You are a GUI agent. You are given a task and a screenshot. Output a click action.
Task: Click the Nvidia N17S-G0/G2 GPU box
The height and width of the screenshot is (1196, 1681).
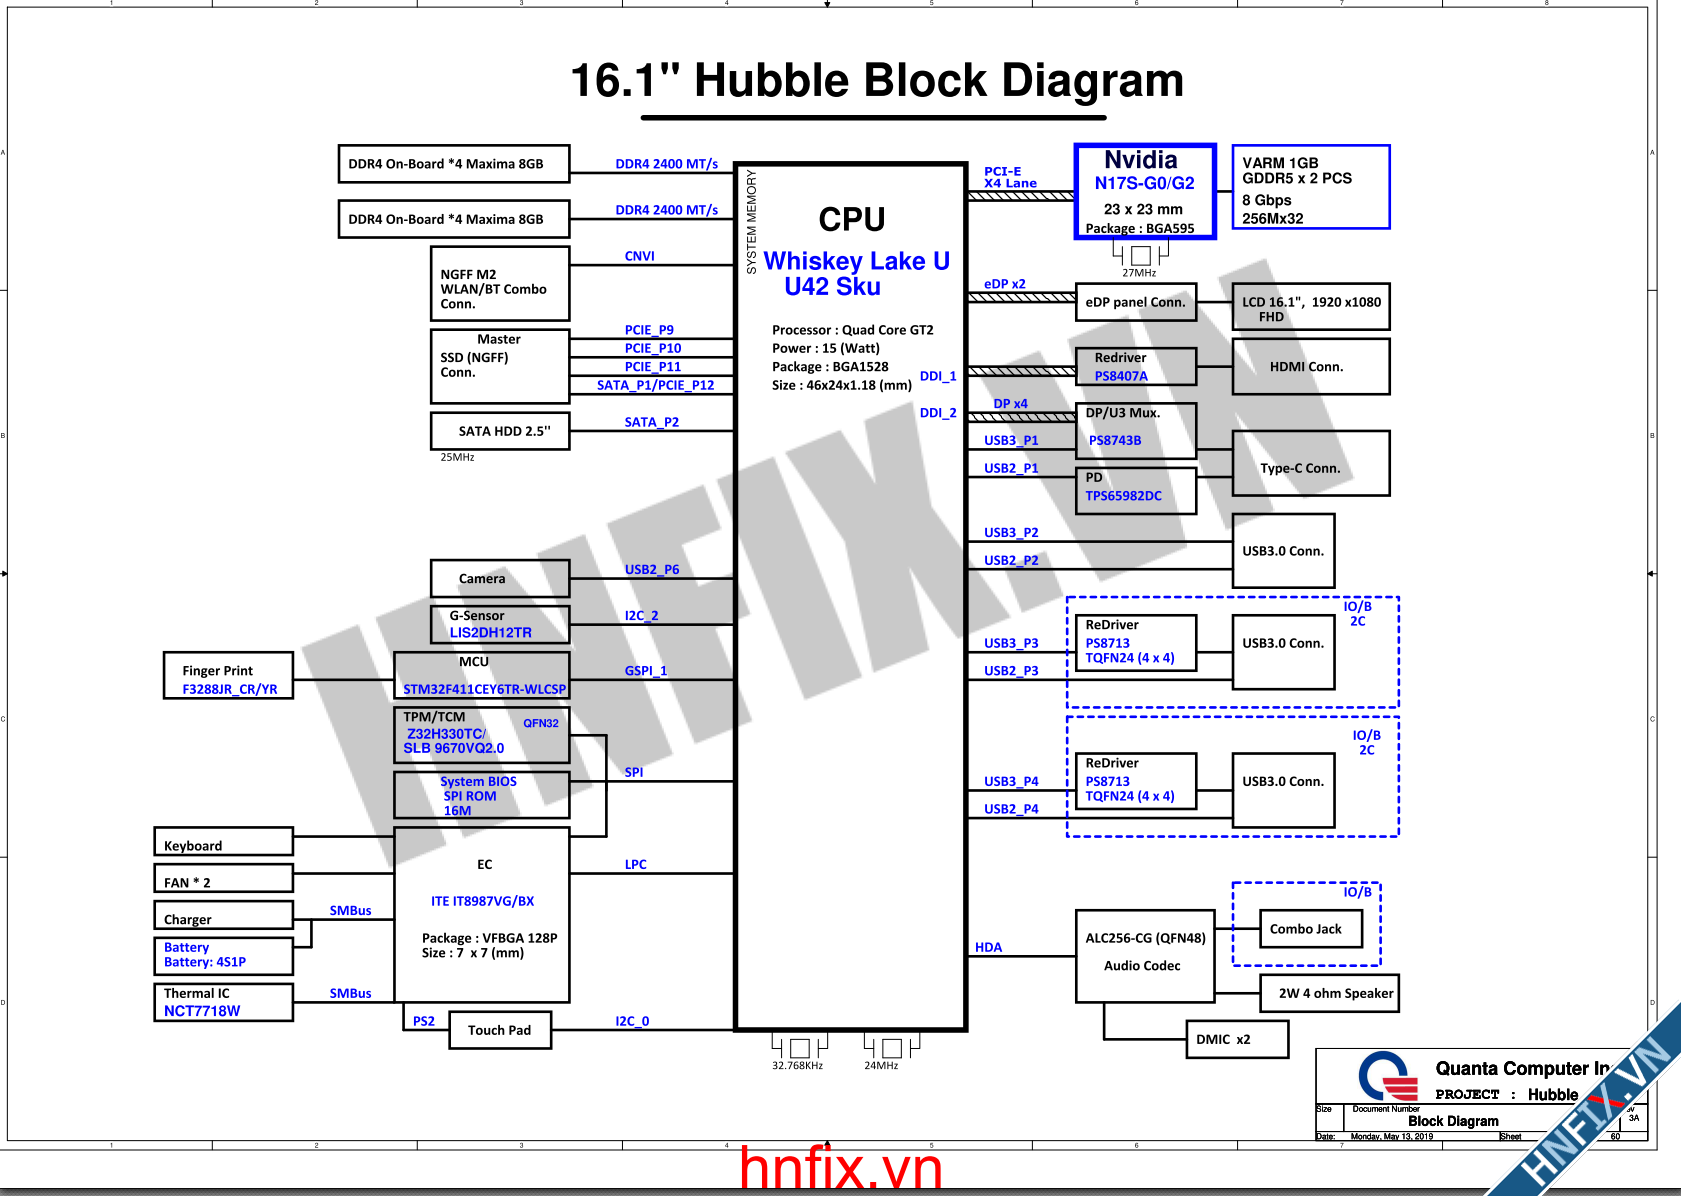point(1145,192)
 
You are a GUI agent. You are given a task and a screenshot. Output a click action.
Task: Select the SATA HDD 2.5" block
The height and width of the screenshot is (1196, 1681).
point(500,431)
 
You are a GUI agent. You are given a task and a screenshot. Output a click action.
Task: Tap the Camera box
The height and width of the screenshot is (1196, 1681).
point(500,578)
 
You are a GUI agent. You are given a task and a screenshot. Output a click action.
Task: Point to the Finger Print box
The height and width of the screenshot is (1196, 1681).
point(228,676)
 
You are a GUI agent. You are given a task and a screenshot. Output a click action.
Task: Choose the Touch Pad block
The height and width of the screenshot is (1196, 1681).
point(499,1030)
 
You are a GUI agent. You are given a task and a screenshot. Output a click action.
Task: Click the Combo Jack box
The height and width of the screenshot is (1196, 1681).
point(1310,929)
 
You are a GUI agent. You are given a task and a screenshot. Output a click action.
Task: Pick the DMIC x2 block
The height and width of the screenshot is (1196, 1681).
point(1236,1039)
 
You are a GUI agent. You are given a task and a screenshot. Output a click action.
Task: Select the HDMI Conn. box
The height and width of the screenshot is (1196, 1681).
point(1310,366)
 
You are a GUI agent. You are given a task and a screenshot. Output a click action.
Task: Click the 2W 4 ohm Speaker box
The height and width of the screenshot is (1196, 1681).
point(1329,993)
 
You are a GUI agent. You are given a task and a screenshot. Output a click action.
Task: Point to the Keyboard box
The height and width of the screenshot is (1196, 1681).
point(223,842)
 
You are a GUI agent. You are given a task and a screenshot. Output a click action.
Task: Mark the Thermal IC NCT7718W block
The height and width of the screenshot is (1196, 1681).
point(223,1002)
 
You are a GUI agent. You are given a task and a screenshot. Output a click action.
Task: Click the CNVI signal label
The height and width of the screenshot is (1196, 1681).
point(639,256)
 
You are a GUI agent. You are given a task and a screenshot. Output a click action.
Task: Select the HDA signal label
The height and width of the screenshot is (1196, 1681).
point(988,947)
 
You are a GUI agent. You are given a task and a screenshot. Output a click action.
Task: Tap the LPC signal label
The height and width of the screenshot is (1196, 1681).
point(635,864)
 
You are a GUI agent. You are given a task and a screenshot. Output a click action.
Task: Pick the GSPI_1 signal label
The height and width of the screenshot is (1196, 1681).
point(645,670)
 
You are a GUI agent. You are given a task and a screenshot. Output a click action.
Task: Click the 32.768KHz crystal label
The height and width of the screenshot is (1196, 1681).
point(797,1066)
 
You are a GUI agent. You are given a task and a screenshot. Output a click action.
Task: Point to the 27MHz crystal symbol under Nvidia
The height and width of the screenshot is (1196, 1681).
point(1140,255)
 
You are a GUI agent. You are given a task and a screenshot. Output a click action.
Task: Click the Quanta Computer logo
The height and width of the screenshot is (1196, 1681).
point(1387,1076)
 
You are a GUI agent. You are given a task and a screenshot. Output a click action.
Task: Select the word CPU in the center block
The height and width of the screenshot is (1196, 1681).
point(851,219)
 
